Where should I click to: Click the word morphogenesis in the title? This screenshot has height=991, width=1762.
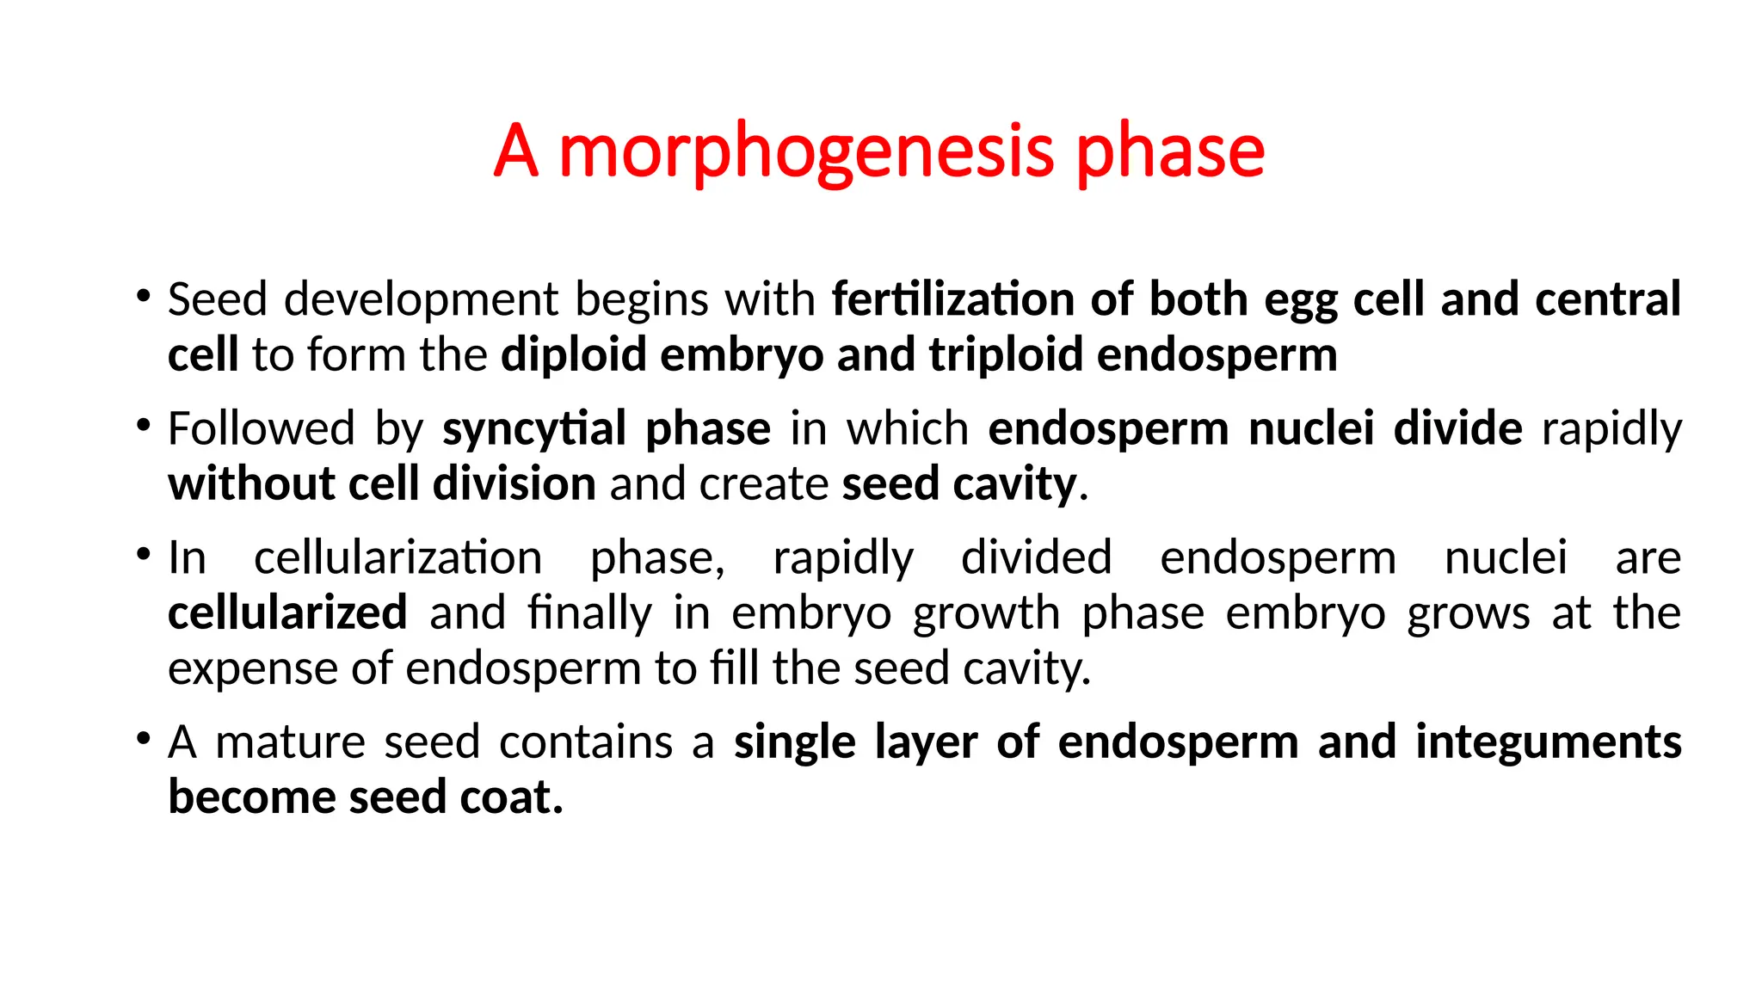click(x=806, y=151)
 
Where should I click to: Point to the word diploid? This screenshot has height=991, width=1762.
click(x=574, y=354)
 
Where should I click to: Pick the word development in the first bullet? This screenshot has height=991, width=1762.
click(x=422, y=299)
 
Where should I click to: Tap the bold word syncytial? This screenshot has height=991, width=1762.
click(x=534, y=428)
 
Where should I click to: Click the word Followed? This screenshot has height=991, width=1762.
click(x=261, y=428)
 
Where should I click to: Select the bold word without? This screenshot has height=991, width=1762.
click(x=250, y=483)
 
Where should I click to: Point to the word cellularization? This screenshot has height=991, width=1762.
click(x=397, y=557)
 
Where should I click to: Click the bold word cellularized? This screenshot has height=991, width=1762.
click(x=287, y=612)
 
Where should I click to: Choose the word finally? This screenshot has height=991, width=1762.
click(x=589, y=612)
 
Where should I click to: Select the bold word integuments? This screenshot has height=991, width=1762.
click(x=1548, y=742)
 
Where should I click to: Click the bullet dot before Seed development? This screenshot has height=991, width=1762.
click(x=143, y=298)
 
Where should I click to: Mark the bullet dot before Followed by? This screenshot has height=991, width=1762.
click(x=143, y=427)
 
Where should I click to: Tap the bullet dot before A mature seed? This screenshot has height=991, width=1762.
click(x=143, y=740)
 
